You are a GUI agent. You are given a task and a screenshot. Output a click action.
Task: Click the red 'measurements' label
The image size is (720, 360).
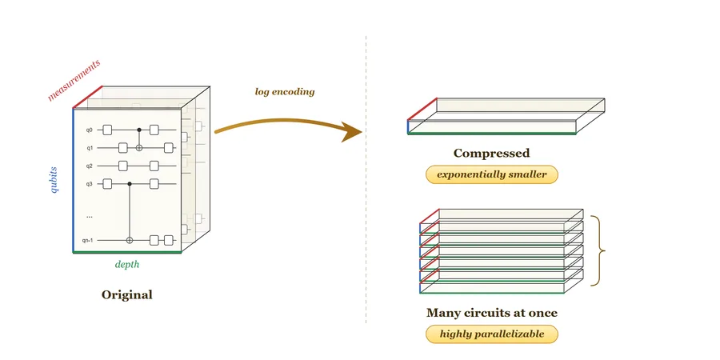(74, 80)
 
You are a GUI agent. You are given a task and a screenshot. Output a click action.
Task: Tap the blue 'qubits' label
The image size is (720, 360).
(54, 179)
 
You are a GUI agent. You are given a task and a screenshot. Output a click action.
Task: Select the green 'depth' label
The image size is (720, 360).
(126, 265)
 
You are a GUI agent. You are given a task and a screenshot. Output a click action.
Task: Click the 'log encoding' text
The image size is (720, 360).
(285, 92)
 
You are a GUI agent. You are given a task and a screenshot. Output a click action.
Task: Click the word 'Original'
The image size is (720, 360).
(126, 294)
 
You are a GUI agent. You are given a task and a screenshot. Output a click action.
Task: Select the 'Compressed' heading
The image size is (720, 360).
(491, 153)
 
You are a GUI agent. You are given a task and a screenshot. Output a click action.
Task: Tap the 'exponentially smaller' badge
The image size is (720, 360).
(492, 174)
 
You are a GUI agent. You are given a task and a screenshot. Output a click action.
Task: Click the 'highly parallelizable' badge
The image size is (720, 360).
(492, 334)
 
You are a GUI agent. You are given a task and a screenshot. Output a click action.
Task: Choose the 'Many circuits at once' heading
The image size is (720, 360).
(492, 313)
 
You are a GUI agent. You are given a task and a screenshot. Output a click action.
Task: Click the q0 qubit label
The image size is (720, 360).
(89, 130)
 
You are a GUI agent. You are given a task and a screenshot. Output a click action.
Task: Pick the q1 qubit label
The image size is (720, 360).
(89, 148)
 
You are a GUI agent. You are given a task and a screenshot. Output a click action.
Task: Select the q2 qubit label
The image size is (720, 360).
(89, 166)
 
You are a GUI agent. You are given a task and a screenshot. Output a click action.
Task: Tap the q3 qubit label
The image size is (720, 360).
(89, 184)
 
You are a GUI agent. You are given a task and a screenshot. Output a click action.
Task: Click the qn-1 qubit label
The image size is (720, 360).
(88, 240)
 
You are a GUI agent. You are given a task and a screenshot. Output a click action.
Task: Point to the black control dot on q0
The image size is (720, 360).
(139, 130)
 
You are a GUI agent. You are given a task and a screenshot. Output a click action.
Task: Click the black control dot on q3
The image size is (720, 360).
(130, 184)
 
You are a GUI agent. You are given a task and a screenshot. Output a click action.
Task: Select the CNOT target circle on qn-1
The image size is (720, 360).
(130, 240)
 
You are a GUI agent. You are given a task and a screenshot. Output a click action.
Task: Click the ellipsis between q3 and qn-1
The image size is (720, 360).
(89, 216)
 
